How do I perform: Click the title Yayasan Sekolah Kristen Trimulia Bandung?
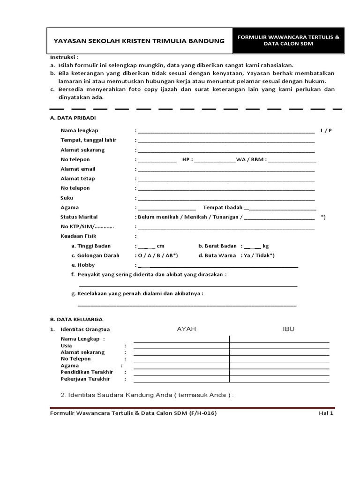139,41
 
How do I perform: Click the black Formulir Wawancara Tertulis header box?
288,40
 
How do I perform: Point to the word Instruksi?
63,57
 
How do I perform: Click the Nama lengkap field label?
79,130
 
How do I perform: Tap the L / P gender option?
326,130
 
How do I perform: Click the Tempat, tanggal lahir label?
88,140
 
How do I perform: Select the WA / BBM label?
250,159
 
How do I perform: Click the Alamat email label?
78,169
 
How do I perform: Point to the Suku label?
67,198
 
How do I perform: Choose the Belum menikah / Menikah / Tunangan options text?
189,217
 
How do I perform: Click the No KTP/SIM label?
87,227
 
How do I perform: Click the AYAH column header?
186,329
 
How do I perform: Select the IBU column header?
288,329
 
